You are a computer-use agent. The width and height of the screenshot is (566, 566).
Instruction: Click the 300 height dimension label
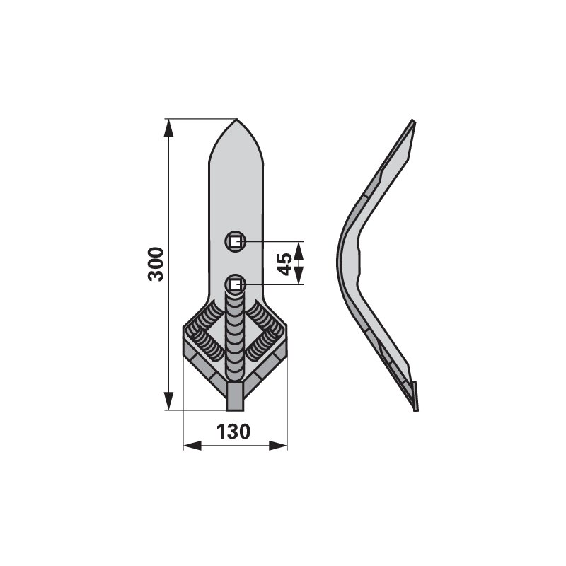pyautogui.click(x=156, y=264)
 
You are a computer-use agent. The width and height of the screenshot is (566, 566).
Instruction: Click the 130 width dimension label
pyautogui.click(x=233, y=432)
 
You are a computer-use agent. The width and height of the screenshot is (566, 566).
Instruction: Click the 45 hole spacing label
pyautogui.click(x=285, y=264)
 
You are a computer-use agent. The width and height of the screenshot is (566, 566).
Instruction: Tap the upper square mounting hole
pyautogui.click(x=235, y=241)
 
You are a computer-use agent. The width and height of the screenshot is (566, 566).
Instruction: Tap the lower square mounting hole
pyautogui.click(x=236, y=285)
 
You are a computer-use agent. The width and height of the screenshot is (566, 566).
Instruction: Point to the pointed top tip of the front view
pyautogui.click(x=236, y=119)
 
